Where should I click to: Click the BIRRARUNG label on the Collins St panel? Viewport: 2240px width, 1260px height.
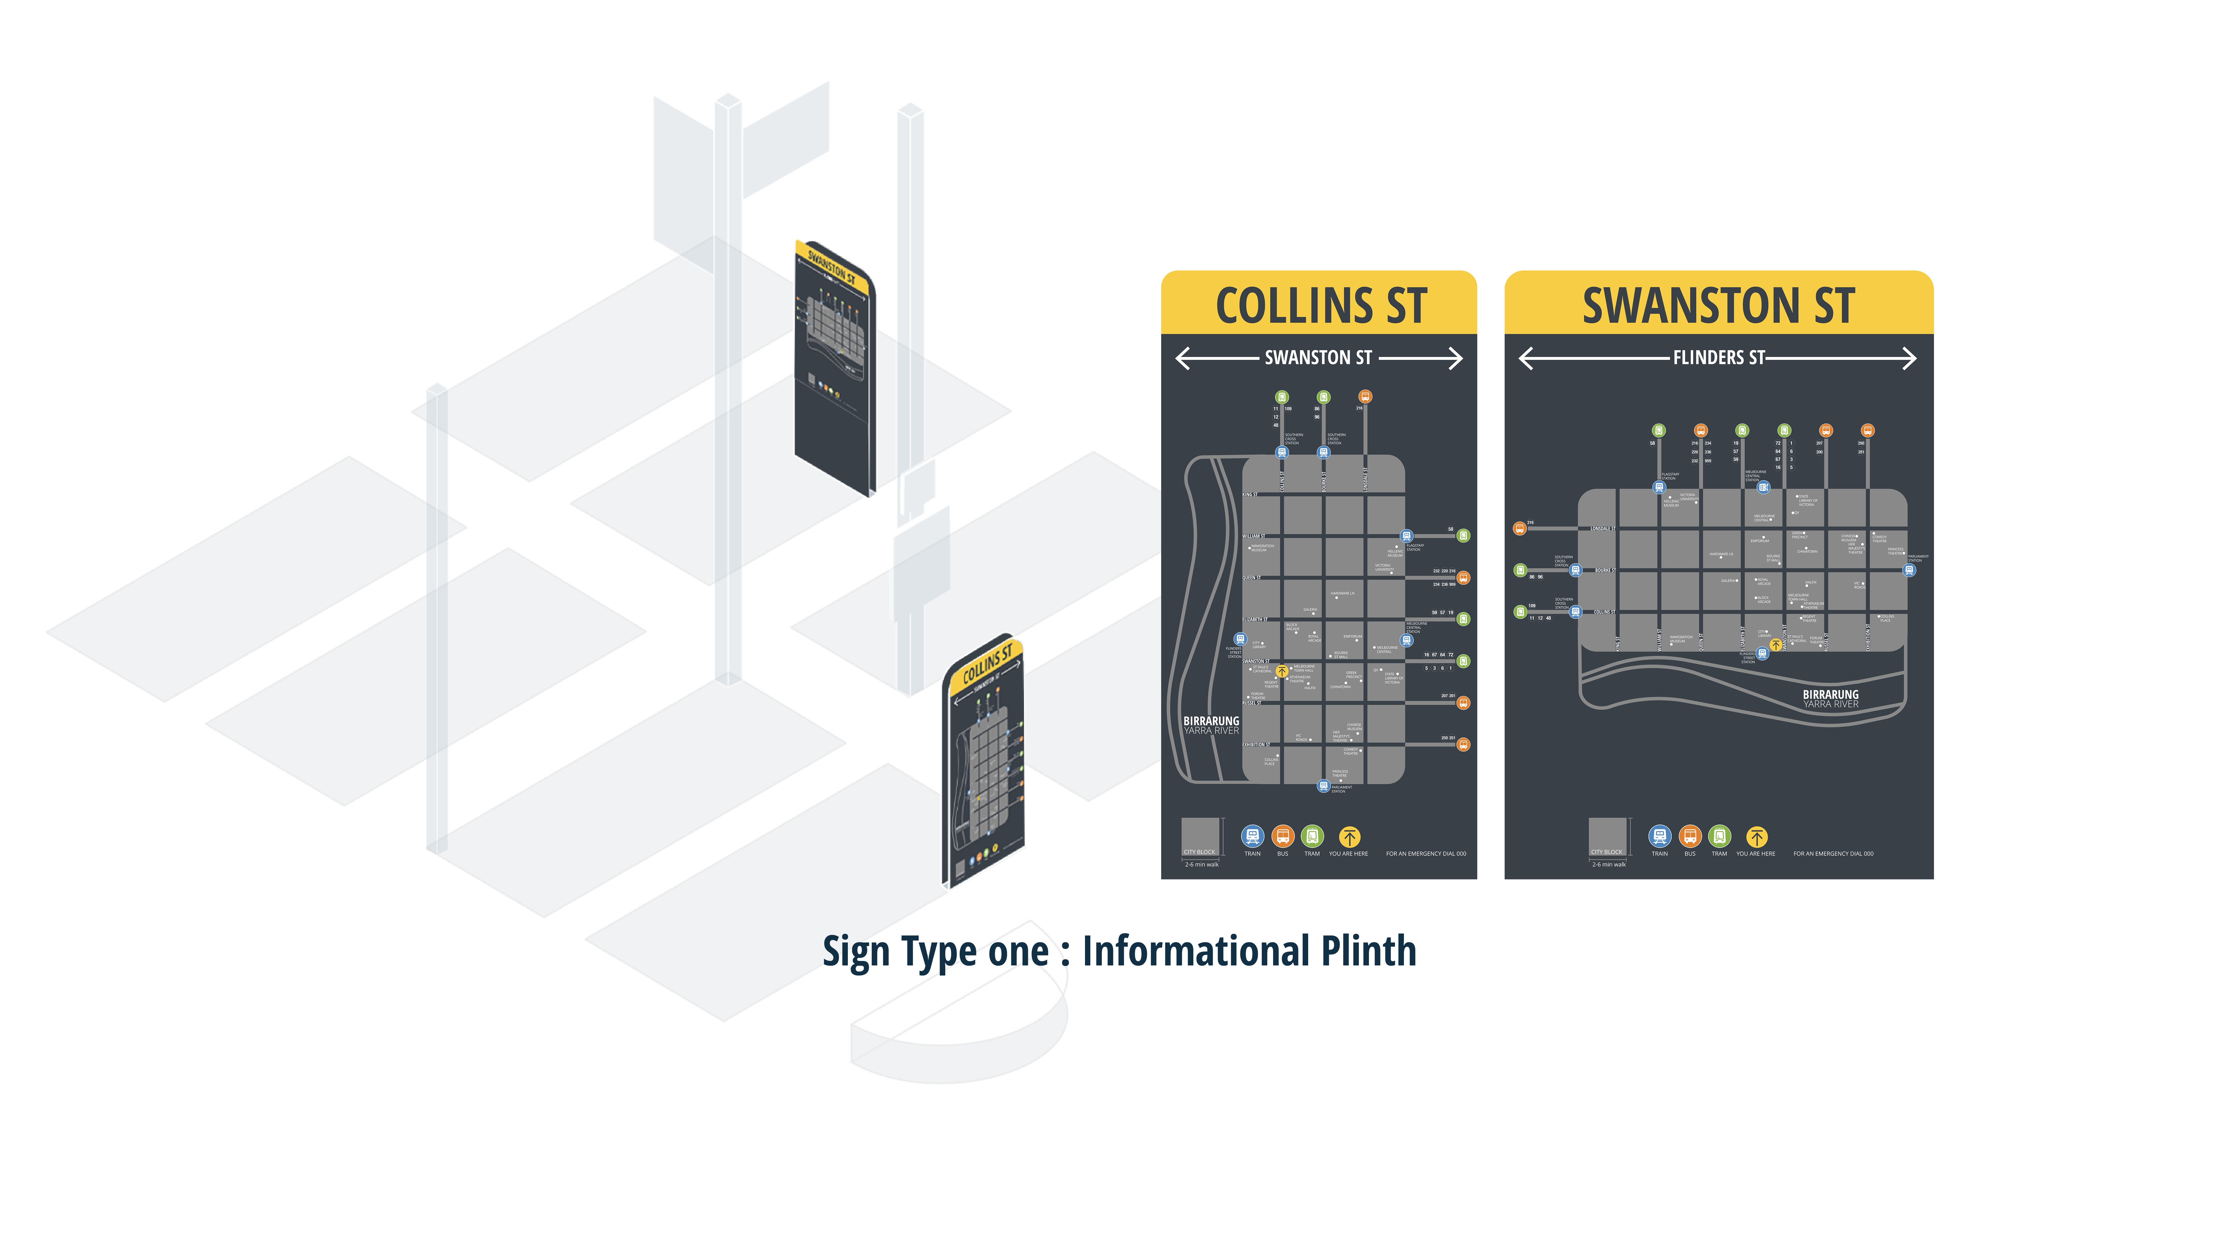[1210, 721]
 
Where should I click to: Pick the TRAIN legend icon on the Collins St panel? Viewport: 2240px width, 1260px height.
[1252, 837]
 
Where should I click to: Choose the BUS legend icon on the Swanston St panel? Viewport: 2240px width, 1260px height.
[1690, 837]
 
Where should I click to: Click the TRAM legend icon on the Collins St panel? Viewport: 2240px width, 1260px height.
[1312, 837]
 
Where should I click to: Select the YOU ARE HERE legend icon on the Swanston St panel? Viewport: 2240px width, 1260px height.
[1756, 837]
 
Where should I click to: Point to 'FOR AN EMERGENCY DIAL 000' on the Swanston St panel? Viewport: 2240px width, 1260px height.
[1833, 854]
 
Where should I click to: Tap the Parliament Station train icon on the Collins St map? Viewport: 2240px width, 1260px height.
[1324, 786]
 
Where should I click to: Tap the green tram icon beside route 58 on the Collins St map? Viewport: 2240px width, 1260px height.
[1464, 536]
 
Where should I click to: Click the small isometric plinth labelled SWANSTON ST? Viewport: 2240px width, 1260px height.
[833, 365]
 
